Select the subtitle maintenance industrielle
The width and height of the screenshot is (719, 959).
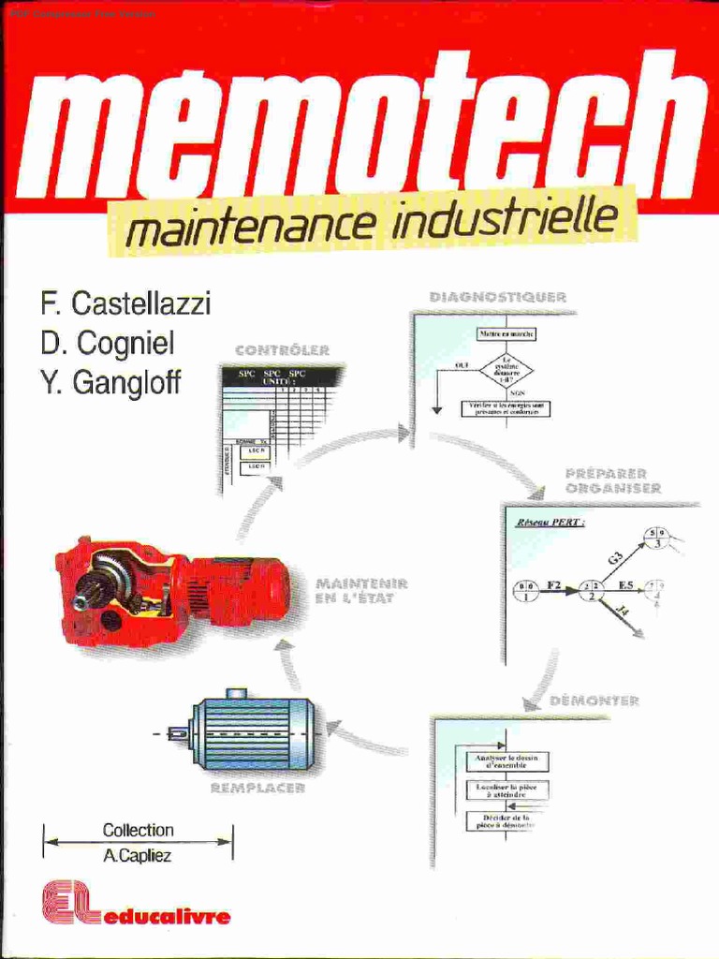[371, 225]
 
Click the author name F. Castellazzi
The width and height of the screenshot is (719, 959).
[125, 303]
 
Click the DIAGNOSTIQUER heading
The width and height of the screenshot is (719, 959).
[497, 297]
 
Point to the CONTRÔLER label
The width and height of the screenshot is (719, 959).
[282, 351]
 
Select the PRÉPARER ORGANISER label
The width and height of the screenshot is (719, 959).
[613, 481]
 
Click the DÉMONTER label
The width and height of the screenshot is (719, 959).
[594, 701]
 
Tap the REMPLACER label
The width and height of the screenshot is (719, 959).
[257, 789]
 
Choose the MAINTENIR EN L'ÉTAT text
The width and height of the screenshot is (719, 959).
[355, 591]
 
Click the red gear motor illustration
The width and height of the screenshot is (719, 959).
[169, 592]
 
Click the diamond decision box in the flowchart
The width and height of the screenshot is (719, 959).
[506, 368]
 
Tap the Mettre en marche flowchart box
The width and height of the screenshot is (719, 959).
[506, 333]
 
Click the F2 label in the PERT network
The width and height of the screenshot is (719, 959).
[553, 585]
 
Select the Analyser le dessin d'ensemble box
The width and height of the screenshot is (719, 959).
[506, 761]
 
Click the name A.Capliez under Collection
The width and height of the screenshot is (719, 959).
[138, 855]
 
